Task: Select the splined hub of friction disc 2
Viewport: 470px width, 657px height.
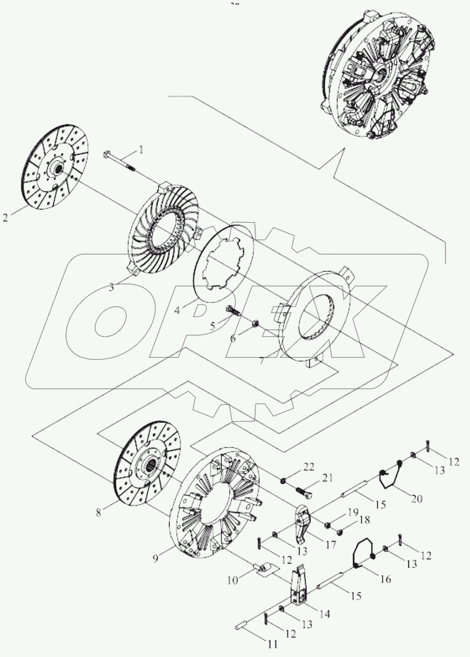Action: pyautogui.click(x=58, y=167)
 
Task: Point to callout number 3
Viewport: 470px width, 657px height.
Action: pyautogui.click(x=111, y=287)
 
